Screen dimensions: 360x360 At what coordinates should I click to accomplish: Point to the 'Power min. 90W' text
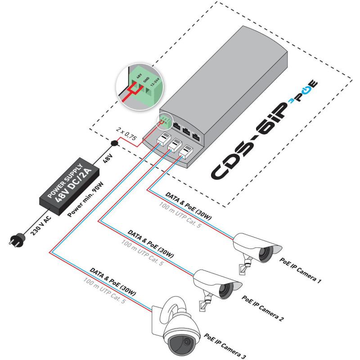pyautogui.click(x=85, y=198)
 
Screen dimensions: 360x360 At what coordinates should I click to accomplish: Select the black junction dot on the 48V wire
pyautogui.click(x=114, y=144)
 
